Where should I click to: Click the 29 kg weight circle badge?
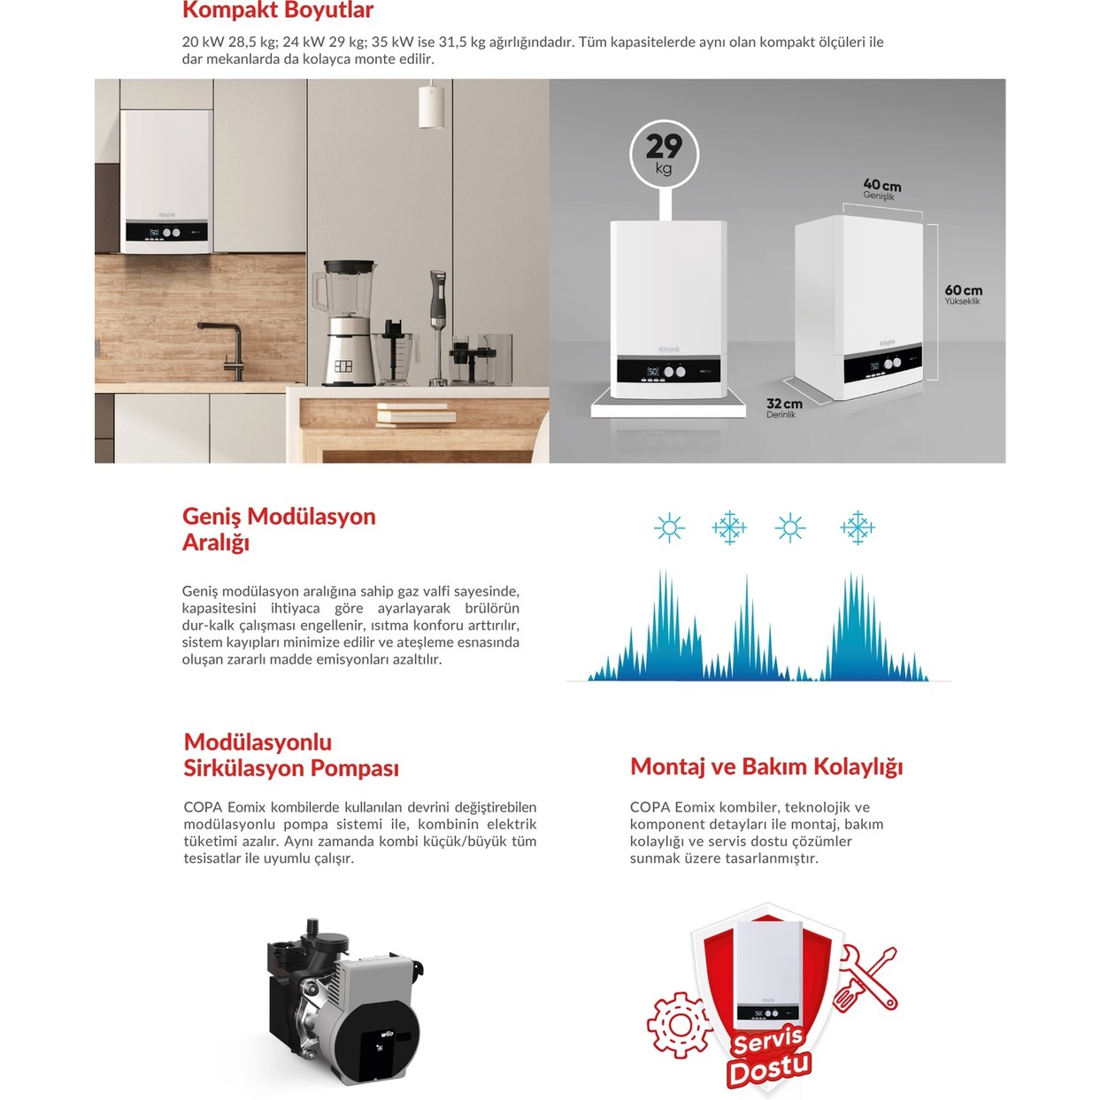coord(664,154)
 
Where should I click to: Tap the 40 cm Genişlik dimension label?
coord(881,189)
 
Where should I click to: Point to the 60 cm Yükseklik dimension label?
coord(963,294)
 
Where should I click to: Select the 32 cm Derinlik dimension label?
coord(784,407)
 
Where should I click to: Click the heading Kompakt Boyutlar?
coord(278,11)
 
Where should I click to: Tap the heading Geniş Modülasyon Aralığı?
coord(278,528)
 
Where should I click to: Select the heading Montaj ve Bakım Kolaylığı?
coord(765,766)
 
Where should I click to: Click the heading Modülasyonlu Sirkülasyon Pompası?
coord(290,755)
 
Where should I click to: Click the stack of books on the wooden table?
coord(416,412)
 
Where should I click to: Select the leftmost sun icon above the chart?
coord(669,528)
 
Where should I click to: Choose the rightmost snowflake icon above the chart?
coord(857,528)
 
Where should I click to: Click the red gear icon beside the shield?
coord(679,1025)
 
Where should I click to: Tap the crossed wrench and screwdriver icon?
coord(865,978)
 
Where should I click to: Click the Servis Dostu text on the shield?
coord(768,1055)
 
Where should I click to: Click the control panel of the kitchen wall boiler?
coord(165,233)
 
